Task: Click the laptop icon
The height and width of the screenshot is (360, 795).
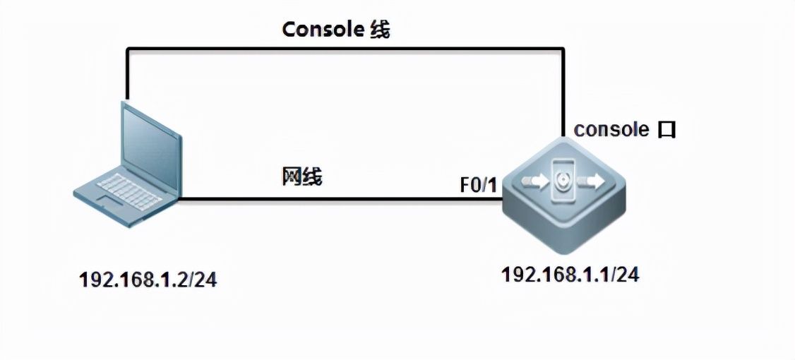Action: [x=127, y=166]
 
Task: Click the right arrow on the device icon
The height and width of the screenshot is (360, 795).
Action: [x=591, y=183]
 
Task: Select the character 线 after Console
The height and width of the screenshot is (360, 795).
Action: [x=380, y=30]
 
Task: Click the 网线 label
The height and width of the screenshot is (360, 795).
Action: [x=302, y=177]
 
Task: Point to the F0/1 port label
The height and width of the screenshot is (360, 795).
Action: [x=478, y=185]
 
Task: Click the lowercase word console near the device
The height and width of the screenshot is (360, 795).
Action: [x=611, y=129]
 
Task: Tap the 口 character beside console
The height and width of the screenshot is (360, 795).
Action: [x=666, y=130]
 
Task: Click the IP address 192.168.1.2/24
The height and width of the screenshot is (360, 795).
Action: [x=148, y=280]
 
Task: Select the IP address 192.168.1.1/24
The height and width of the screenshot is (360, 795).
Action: [x=570, y=275]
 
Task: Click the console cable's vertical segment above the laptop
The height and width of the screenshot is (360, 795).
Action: [x=127, y=74]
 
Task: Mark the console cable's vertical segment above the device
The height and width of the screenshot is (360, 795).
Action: [x=563, y=92]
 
